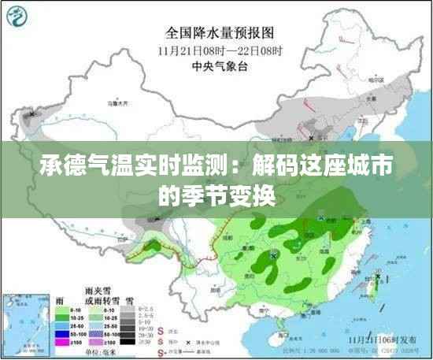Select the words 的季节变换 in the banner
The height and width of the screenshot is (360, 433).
pos(216,195)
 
